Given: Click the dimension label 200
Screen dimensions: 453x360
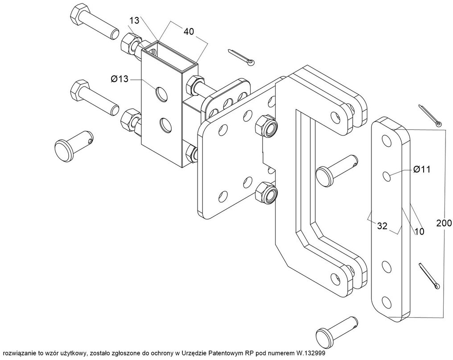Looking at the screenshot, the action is click(x=444, y=223).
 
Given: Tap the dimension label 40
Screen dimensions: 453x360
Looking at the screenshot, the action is click(x=189, y=31).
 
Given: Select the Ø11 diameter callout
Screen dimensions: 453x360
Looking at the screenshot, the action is click(x=421, y=169).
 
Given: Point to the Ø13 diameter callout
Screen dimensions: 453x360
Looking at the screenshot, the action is click(x=119, y=79).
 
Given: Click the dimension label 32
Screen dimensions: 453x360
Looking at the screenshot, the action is click(x=382, y=226).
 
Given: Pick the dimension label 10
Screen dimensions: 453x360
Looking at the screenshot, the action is click(x=419, y=232).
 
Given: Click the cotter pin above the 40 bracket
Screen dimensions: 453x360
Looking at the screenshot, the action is click(x=242, y=57).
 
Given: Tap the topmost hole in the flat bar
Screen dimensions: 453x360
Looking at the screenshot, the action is click(x=386, y=140).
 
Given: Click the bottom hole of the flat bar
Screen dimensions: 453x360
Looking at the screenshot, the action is click(x=386, y=302).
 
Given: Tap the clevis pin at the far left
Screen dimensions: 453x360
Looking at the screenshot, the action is click(x=74, y=145).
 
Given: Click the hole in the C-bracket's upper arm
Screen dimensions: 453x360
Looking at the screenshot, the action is click(x=334, y=117).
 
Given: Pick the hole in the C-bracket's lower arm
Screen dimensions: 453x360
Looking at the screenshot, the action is click(x=334, y=278).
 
